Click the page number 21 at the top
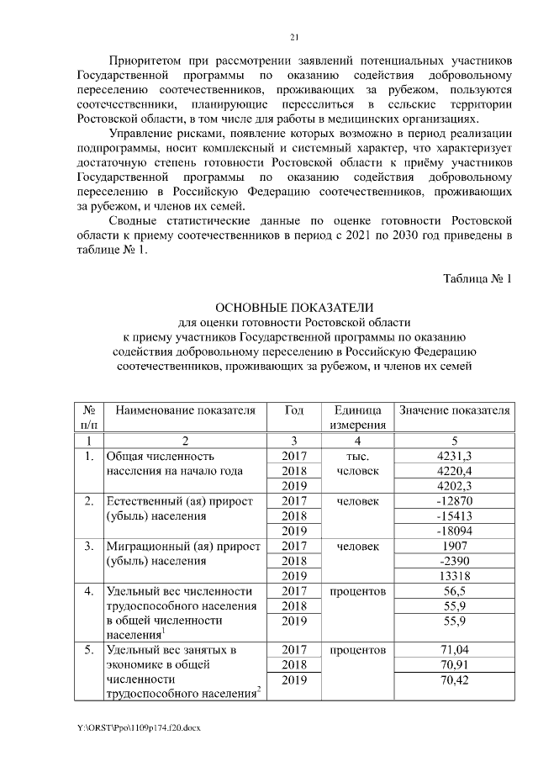pyautogui.click(x=294, y=37)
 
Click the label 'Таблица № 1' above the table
pyautogui.click(x=477, y=278)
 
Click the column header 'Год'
pyautogui.click(x=294, y=410)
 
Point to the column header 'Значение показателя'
pyautogui.click(x=454, y=410)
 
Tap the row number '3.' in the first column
pyautogui.click(x=88, y=547)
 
